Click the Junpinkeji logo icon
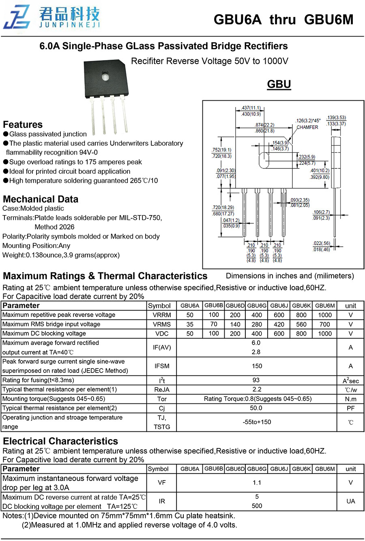[x=17, y=17]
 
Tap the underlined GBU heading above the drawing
[x=279, y=84]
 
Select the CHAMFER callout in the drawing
[x=307, y=127]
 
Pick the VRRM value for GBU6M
[x=324, y=315]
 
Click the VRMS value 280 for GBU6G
[x=257, y=324]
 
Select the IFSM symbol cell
[x=162, y=366]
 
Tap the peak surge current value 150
[x=257, y=366]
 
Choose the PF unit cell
[x=350, y=408]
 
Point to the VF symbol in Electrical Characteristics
[x=162, y=483]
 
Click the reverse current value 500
[x=257, y=506]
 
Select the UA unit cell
[x=350, y=502]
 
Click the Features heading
[x=23, y=125]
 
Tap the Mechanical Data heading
[x=41, y=199]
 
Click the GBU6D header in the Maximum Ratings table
[x=235, y=306]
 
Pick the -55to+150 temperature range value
[x=257, y=422]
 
